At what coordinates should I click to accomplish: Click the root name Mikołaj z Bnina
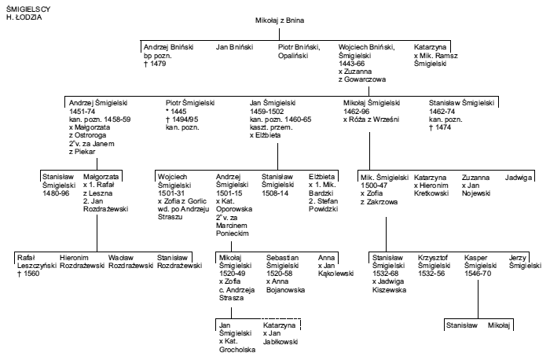point(280,20)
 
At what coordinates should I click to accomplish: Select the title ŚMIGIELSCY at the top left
point(28,9)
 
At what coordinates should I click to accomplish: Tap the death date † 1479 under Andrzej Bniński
point(155,64)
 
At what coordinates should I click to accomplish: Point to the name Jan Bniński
point(234,47)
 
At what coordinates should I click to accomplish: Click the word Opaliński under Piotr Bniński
point(293,56)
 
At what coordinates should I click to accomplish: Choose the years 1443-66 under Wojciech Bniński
point(351,64)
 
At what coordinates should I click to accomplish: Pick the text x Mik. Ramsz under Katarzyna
point(435,56)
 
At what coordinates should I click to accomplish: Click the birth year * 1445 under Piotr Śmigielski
point(176,112)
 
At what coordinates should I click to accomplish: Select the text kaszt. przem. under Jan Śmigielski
point(271,127)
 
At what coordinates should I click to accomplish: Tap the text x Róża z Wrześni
point(371,119)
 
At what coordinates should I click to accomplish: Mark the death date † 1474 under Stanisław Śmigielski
point(440,127)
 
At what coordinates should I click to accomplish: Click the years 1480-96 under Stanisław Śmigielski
point(56,193)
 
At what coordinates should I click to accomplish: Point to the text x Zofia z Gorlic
point(182,201)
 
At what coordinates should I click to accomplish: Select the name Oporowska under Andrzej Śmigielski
point(234,209)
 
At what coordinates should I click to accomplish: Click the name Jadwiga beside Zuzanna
point(519,178)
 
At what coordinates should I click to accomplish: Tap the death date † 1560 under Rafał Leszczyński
point(28,274)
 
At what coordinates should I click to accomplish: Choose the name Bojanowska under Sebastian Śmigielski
point(285,290)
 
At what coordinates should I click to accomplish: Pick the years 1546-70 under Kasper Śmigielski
point(478,274)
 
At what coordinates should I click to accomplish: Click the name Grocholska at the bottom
point(237,350)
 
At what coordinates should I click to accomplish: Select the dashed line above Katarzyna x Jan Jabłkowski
point(281,319)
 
